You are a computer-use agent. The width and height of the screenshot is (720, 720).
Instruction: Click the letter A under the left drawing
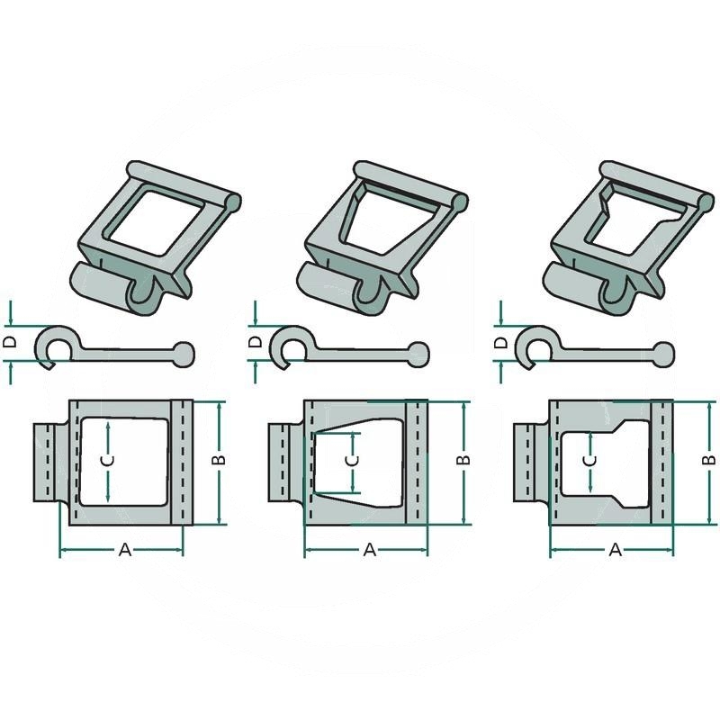click(125, 549)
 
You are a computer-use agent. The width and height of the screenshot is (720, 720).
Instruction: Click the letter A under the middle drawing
click(370, 549)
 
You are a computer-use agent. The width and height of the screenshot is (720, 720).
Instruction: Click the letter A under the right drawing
click(615, 549)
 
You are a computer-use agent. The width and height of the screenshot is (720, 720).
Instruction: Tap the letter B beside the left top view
click(220, 460)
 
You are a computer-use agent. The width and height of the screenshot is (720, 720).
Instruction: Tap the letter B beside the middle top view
click(464, 460)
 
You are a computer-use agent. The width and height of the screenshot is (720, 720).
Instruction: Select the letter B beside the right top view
click(709, 460)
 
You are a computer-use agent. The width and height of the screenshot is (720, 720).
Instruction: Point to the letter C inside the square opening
click(107, 461)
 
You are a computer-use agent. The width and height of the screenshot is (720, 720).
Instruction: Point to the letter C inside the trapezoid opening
click(352, 461)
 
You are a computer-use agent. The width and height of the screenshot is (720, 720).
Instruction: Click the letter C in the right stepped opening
click(591, 461)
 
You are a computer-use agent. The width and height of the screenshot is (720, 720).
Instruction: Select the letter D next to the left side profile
click(10, 342)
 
